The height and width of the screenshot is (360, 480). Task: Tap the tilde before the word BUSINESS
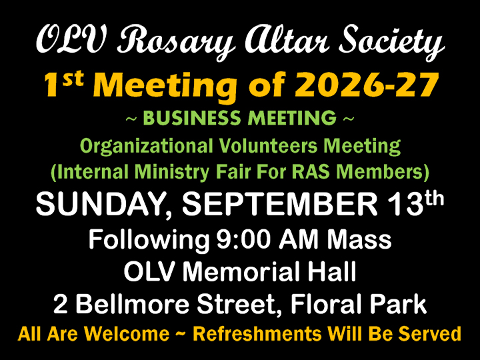click(131, 119)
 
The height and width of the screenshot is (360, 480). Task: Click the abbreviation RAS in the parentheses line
click(311, 172)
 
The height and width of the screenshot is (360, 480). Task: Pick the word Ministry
click(172, 173)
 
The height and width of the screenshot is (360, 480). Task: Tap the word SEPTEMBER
click(279, 204)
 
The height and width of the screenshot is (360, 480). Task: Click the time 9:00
click(243, 239)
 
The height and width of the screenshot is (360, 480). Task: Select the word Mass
click(359, 239)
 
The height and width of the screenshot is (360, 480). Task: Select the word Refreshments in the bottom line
click(258, 334)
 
